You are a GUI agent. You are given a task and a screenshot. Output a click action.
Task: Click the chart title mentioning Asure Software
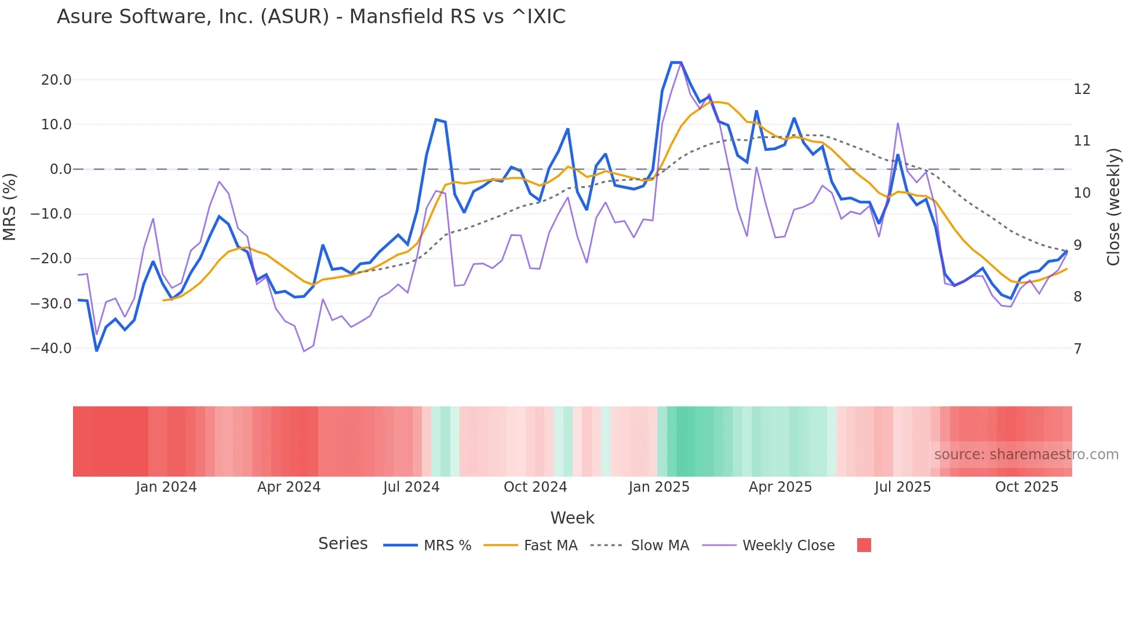click(x=311, y=17)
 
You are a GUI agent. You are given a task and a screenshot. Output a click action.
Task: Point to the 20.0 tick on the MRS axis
click(x=56, y=80)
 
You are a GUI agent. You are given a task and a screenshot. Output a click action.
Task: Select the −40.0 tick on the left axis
click(x=51, y=348)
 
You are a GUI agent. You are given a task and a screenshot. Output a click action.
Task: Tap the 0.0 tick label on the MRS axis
click(x=60, y=169)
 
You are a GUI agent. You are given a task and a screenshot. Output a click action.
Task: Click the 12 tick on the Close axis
click(x=1082, y=89)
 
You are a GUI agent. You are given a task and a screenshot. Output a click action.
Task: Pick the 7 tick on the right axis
click(x=1077, y=349)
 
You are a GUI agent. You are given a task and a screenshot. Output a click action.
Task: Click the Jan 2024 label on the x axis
click(x=166, y=487)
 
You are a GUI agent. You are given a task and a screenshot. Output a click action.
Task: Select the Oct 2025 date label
click(x=1026, y=487)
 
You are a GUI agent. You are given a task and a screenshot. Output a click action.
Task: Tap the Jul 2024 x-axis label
click(x=411, y=487)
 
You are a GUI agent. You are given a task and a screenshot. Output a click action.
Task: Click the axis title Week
click(x=572, y=518)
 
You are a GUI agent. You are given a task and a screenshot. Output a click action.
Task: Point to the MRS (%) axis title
click(x=10, y=206)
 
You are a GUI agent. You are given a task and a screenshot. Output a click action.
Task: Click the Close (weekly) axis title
click(x=1113, y=207)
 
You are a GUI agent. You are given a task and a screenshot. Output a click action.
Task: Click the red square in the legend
click(x=864, y=545)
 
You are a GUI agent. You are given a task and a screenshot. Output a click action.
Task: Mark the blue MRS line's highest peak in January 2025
click(x=676, y=63)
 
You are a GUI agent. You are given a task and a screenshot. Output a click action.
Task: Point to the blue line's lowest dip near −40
click(x=97, y=350)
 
